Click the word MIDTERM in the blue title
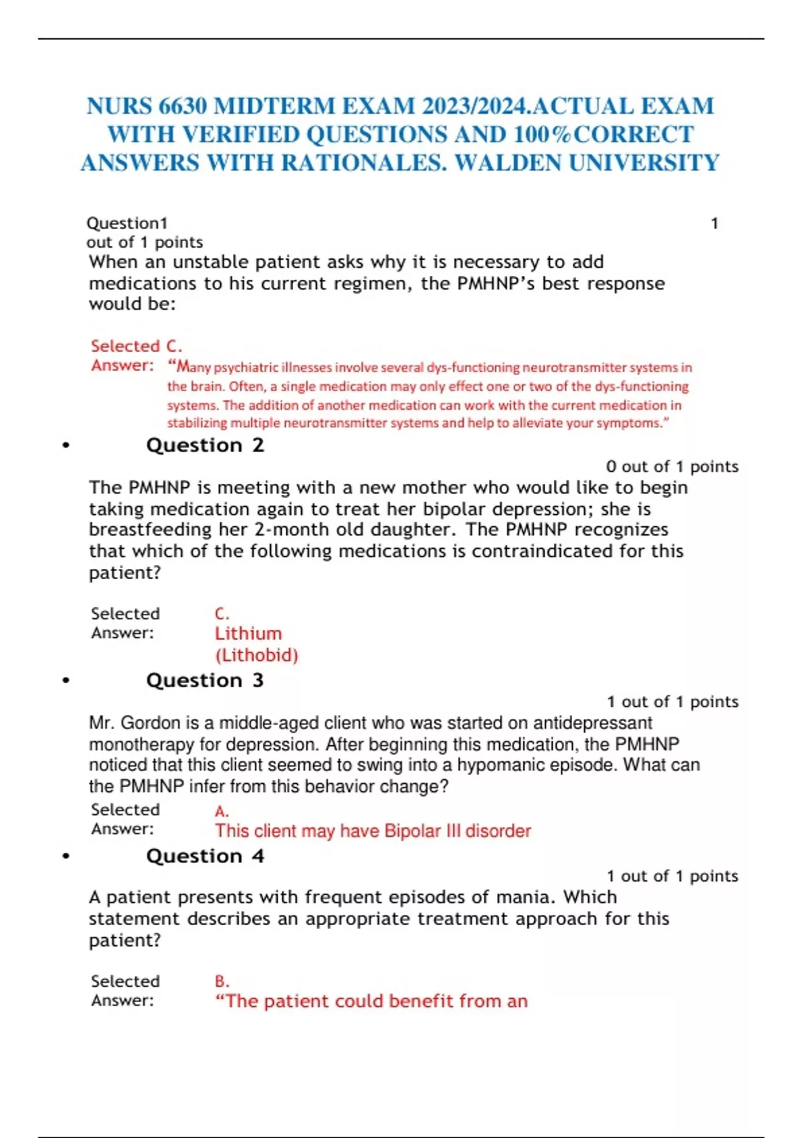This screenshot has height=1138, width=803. coord(274,106)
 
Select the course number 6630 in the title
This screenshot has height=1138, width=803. coord(183,106)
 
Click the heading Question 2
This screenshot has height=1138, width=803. coord(205,446)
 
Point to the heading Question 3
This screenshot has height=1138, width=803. coord(205,681)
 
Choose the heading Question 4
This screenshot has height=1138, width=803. coord(205,856)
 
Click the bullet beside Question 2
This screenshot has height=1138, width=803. coord(66,446)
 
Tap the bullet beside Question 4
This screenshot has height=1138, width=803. coord(66,857)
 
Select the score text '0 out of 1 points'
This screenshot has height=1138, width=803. coord(672,467)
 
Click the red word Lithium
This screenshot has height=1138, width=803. coord(248,633)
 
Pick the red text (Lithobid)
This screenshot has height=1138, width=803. coord(256,655)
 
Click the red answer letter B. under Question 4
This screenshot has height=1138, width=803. coord(222,981)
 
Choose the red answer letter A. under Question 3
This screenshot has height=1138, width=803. coord(222,811)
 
